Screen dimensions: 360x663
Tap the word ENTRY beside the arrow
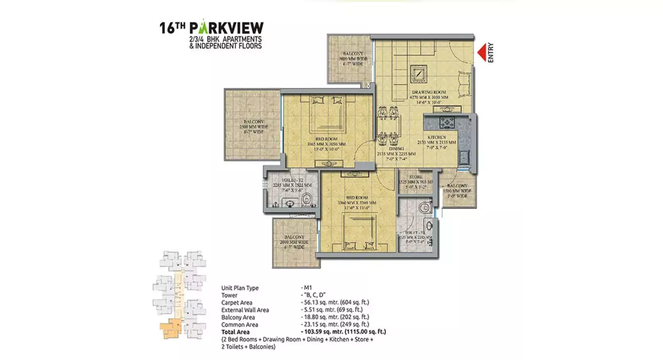coord(491,53)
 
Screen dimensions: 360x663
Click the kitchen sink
coord(464,157)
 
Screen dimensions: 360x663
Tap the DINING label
coord(395,149)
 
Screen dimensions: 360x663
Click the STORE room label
coord(416,177)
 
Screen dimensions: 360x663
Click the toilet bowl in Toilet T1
coord(425,207)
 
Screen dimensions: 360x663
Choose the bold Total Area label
coord(235,332)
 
